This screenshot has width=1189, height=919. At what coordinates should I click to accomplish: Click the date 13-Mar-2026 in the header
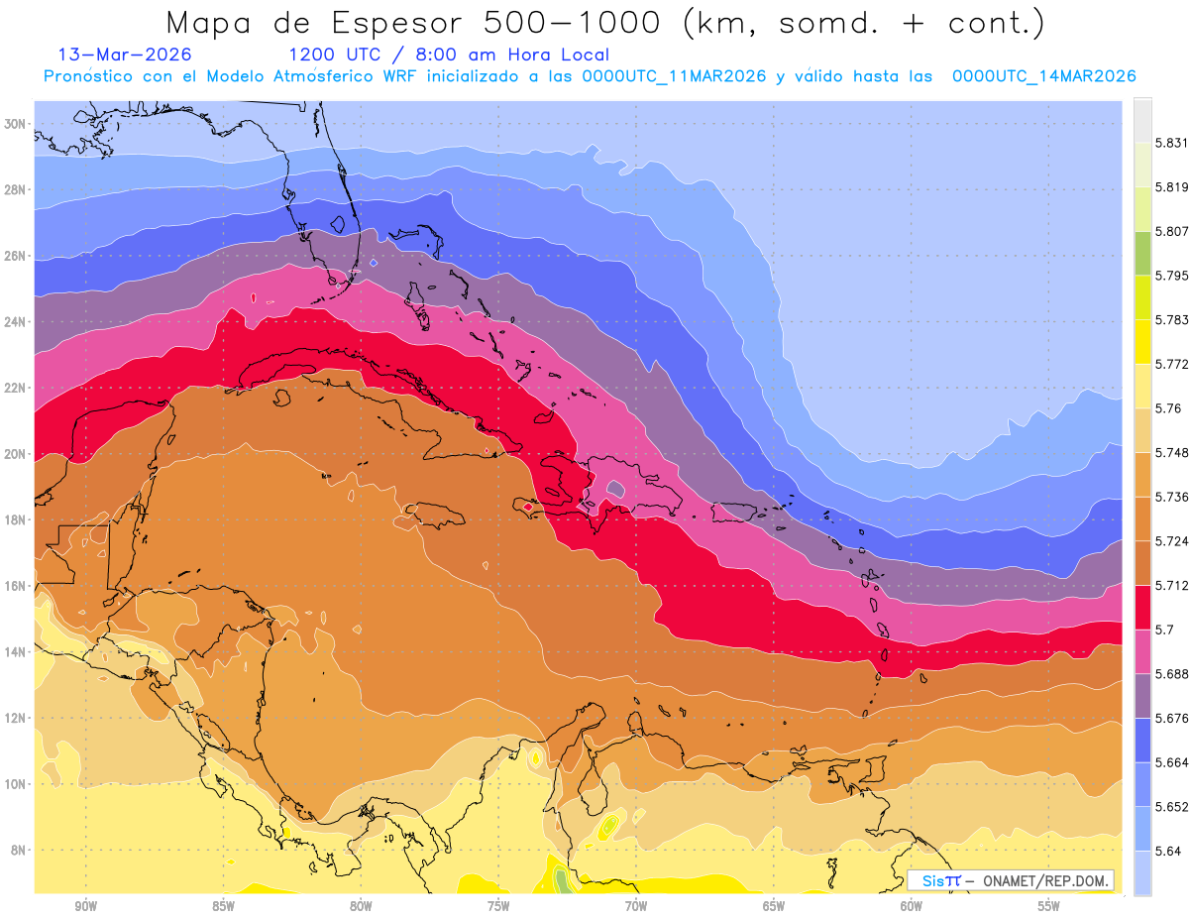tap(125, 55)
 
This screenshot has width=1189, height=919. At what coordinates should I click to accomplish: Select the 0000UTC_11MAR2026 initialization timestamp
tap(675, 76)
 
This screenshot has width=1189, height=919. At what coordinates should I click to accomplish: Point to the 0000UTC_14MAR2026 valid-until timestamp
tap(1043, 76)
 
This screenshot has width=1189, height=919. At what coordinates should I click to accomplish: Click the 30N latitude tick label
tap(15, 124)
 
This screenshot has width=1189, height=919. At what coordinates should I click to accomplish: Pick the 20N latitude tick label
tap(15, 454)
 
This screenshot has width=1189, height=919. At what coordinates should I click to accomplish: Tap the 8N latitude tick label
tap(18, 851)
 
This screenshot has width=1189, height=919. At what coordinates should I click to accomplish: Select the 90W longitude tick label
tap(85, 906)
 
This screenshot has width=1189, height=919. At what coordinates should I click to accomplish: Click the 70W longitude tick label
tap(636, 906)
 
